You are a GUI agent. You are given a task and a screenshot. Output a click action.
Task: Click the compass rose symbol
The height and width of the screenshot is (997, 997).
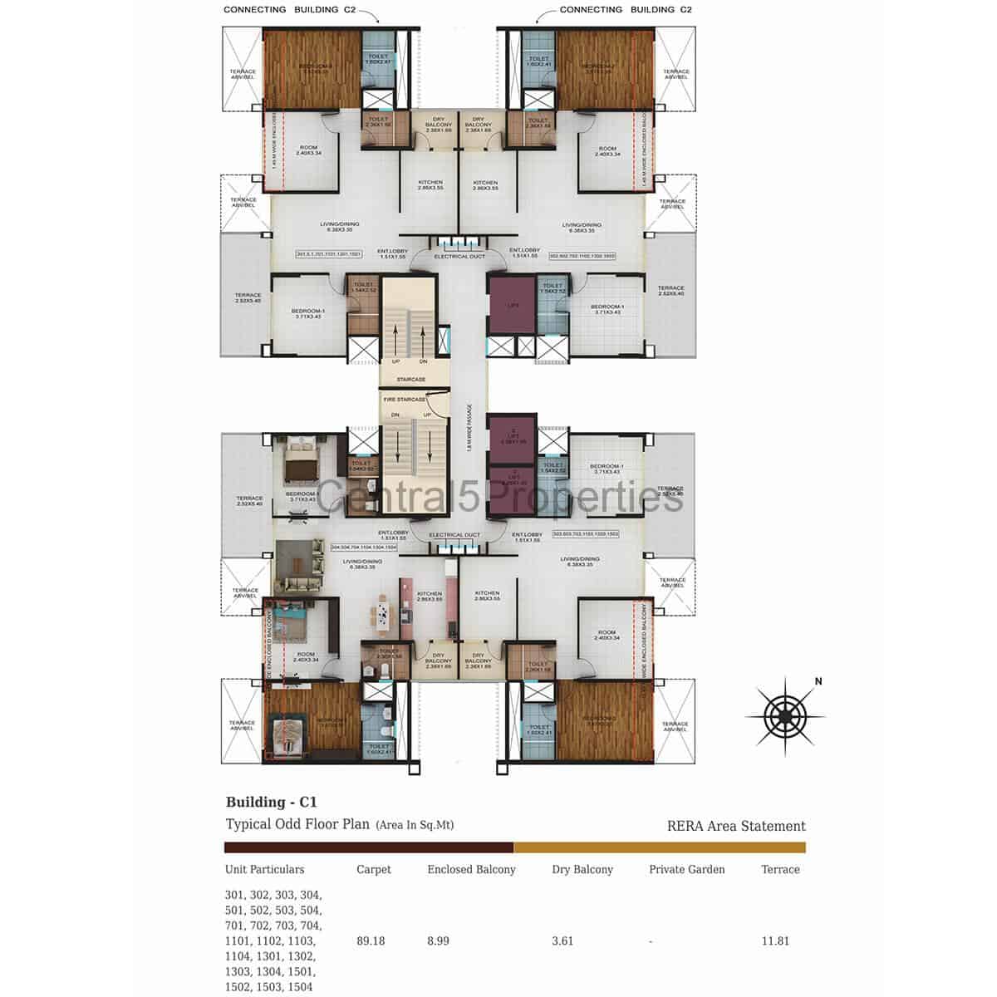(784, 715)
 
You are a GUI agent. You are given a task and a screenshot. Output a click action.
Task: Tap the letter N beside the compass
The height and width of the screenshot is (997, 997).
(818, 682)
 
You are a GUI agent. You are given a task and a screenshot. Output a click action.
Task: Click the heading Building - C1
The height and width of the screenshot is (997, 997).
(272, 803)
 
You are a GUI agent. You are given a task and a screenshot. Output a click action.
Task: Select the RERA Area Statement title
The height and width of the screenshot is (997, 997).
(736, 826)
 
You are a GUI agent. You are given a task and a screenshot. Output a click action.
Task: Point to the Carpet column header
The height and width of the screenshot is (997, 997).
(373, 870)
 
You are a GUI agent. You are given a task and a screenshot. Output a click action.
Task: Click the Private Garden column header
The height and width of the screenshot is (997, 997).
(687, 870)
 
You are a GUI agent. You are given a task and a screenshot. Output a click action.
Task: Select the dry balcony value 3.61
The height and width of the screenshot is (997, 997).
(563, 941)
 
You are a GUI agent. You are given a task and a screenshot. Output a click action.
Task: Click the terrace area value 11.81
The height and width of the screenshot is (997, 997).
(775, 941)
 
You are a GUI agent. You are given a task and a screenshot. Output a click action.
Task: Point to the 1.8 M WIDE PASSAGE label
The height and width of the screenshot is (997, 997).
(469, 428)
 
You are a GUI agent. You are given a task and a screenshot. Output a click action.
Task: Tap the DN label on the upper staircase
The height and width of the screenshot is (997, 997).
(423, 361)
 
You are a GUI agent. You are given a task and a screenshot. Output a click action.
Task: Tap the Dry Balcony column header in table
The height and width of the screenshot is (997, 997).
(582, 870)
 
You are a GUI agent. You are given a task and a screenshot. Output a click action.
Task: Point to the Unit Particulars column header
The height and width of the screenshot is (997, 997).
(264, 870)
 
